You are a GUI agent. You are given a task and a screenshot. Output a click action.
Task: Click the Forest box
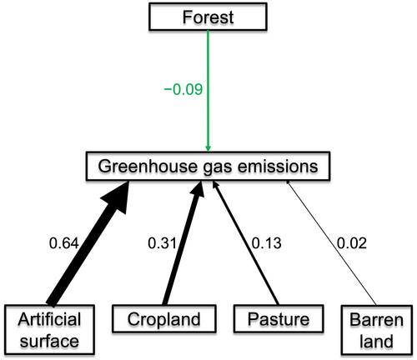(208, 17)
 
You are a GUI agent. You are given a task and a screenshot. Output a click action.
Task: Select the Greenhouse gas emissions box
(208, 166)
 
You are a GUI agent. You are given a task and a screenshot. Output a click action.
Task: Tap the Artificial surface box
(49, 330)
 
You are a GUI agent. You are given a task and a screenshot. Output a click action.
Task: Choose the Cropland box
(164, 318)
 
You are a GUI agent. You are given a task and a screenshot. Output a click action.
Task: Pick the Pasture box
(279, 318)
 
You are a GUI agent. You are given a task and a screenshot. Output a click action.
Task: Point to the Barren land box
(377, 330)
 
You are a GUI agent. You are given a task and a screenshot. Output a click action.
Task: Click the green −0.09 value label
(183, 89)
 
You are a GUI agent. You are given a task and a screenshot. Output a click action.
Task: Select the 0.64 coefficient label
(64, 243)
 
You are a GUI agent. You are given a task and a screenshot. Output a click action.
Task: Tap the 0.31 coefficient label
(162, 243)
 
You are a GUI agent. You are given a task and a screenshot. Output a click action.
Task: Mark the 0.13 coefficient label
(266, 243)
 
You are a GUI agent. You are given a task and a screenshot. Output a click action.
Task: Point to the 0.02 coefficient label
(352, 243)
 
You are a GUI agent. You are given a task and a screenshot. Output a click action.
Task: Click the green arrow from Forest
(208, 91)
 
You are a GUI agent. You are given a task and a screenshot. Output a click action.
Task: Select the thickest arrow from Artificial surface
(88, 242)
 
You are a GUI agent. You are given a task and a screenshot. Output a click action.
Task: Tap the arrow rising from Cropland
(183, 242)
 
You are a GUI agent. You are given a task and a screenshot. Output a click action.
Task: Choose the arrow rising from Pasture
(246, 242)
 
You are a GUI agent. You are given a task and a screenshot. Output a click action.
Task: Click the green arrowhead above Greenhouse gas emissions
(208, 147)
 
